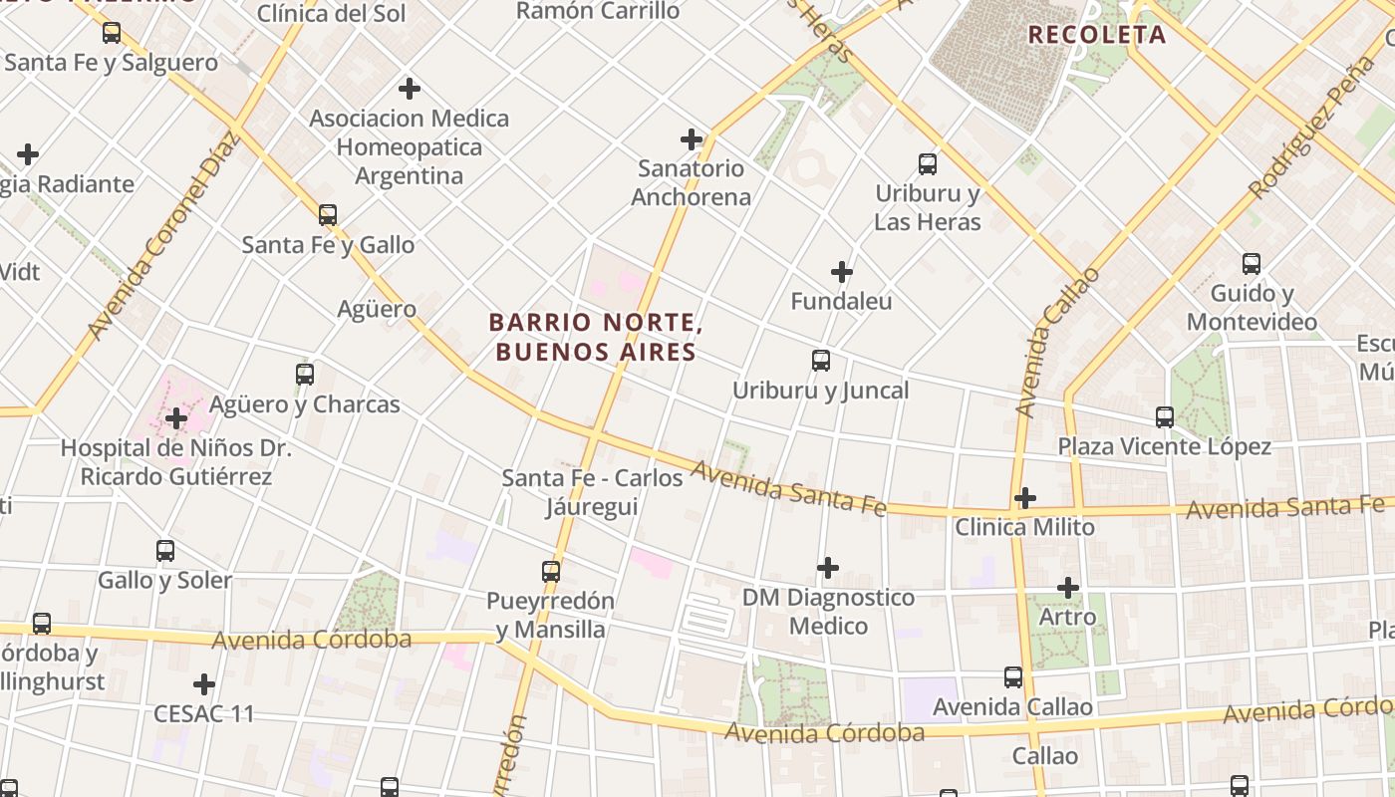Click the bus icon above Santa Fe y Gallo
click(327, 214)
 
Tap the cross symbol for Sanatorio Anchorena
click(692, 138)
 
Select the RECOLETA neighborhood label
click(1096, 35)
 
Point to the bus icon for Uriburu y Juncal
click(821, 361)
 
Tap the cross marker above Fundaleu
click(842, 271)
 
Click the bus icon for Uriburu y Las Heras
click(928, 164)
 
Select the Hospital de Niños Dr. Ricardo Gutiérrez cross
click(176, 418)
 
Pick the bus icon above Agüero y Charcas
click(305, 375)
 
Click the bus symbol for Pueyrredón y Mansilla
click(551, 572)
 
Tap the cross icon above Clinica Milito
click(1025, 497)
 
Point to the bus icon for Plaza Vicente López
click(1165, 416)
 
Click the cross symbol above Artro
click(1068, 588)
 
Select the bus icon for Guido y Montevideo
click(1252, 264)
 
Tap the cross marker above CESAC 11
click(204, 684)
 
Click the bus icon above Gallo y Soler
click(165, 550)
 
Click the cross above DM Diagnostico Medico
click(828, 568)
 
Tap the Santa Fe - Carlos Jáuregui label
click(592, 492)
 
